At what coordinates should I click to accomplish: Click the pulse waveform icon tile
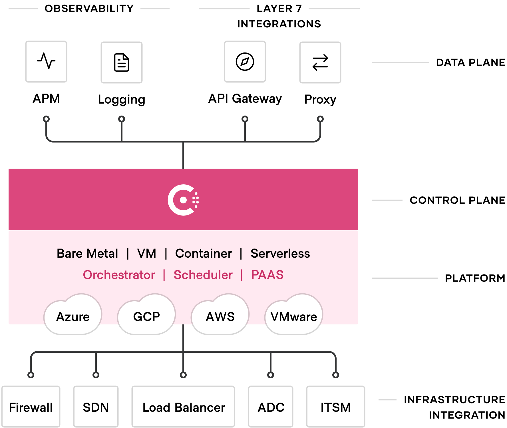pyautogui.click(x=46, y=62)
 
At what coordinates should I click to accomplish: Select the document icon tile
pyautogui.click(x=122, y=62)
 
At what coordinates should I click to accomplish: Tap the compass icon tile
pyautogui.click(x=245, y=62)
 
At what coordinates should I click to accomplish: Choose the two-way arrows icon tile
pyautogui.click(x=320, y=62)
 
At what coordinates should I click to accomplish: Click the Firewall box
pyautogui.click(x=31, y=407)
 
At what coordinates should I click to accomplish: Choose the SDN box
pyautogui.click(x=96, y=407)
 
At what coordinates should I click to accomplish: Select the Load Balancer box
pyautogui.click(x=183, y=407)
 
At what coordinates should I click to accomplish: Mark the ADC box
pyautogui.click(x=271, y=407)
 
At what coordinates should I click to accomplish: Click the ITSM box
pyautogui.click(x=336, y=407)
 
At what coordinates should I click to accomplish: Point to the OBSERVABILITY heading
pyautogui.click(x=89, y=8)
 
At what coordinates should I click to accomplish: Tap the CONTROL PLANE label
pyautogui.click(x=457, y=200)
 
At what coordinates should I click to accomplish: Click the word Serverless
pyautogui.click(x=280, y=253)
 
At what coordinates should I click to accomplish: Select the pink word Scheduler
pyautogui.click(x=203, y=275)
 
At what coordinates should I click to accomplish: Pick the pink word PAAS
pyautogui.click(x=267, y=275)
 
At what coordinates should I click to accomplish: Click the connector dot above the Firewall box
pyautogui.click(x=31, y=375)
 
